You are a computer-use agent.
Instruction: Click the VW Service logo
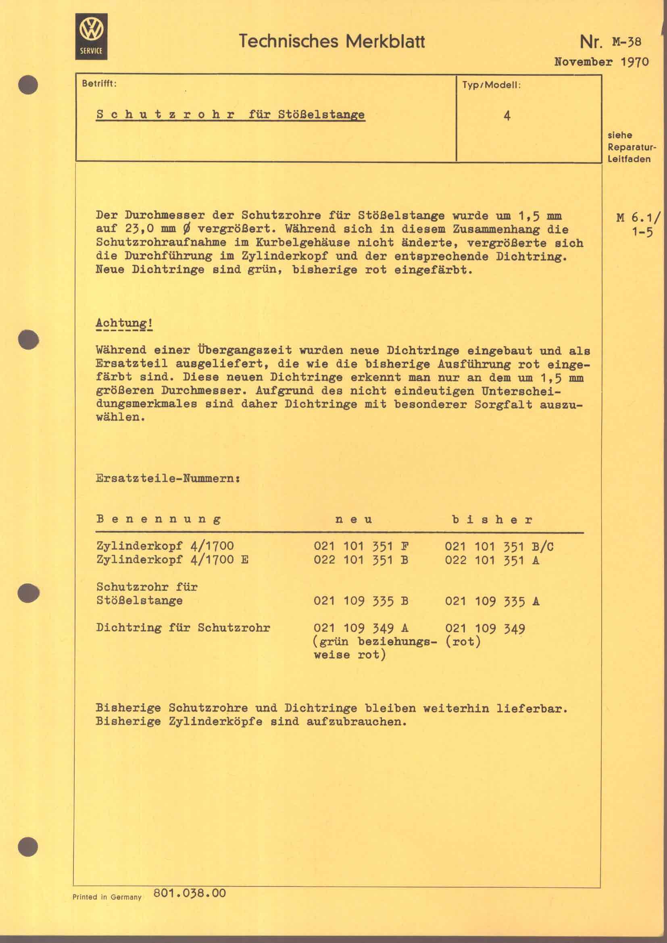point(91,37)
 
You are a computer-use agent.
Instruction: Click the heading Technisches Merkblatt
point(331,42)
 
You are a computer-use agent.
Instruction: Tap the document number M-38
point(626,42)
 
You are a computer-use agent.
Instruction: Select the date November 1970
point(601,62)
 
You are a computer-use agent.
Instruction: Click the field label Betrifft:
point(99,84)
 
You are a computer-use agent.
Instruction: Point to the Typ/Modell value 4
point(507,116)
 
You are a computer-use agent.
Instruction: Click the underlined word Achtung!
point(124,323)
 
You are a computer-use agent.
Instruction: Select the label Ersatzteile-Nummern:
point(168,479)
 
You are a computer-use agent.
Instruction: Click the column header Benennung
point(158,519)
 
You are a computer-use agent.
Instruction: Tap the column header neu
point(354,520)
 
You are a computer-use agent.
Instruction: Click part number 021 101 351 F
point(361,547)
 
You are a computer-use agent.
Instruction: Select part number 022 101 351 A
point(492,560)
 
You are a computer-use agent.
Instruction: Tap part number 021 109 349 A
point(361,629)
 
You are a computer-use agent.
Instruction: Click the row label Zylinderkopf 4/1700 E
point(172,560)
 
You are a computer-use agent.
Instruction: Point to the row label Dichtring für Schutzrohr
point(183,628)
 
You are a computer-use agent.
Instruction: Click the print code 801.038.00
point(190,893)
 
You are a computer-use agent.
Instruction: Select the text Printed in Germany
point(107,897)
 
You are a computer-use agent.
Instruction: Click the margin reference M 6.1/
point(638,218)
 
